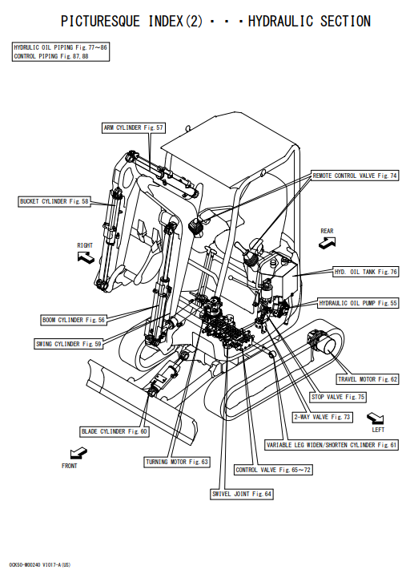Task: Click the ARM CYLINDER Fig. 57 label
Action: pos(134,127)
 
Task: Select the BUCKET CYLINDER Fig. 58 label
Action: pos(54,201)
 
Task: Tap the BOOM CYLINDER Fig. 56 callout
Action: pos(74,320)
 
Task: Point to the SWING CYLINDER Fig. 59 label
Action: pos(69,344)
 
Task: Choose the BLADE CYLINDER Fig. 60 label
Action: pos(115,431)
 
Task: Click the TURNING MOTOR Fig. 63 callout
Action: pos(177,462)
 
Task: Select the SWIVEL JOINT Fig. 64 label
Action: pos(242,494)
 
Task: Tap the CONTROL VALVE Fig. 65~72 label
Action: pos(273,470)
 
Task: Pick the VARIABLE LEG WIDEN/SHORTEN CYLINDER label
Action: pos(332,445)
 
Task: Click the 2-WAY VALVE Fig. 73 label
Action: pos(322,417)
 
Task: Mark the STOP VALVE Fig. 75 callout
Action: pos(338,397)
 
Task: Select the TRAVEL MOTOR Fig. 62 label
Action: pos(368,379)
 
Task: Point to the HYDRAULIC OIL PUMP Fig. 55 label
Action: pos(358,303)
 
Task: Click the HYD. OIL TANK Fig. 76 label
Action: pos(366,272)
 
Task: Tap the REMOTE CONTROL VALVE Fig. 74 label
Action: pos(355,176)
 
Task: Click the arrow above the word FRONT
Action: pos(78,453)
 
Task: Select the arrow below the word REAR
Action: pos(328,243)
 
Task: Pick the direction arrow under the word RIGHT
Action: pos(86,257)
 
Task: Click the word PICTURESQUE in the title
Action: pos(100,22)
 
